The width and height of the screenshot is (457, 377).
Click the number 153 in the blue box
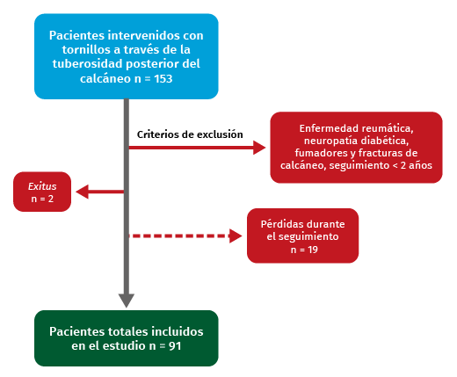pos(163,78)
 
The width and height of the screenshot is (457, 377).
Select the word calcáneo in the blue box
pos(105,78)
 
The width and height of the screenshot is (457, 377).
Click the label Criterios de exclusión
pos(190,134)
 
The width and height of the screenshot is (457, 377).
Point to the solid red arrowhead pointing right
pos(259,148)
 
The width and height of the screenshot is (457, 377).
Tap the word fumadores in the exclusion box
pos(322,153)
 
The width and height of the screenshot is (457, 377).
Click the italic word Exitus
pos(42,186)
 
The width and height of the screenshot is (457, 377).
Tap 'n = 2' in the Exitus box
pos(42,199)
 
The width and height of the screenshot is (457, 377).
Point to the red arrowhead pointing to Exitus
pos(83,192)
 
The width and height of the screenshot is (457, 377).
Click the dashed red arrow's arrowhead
pos(236,236)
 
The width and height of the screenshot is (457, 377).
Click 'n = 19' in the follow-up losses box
pos(304,250)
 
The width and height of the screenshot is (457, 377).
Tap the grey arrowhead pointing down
pos(127,301)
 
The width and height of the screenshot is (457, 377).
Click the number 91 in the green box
pos(175,346)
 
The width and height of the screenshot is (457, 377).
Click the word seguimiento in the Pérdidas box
pos(302,236)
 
